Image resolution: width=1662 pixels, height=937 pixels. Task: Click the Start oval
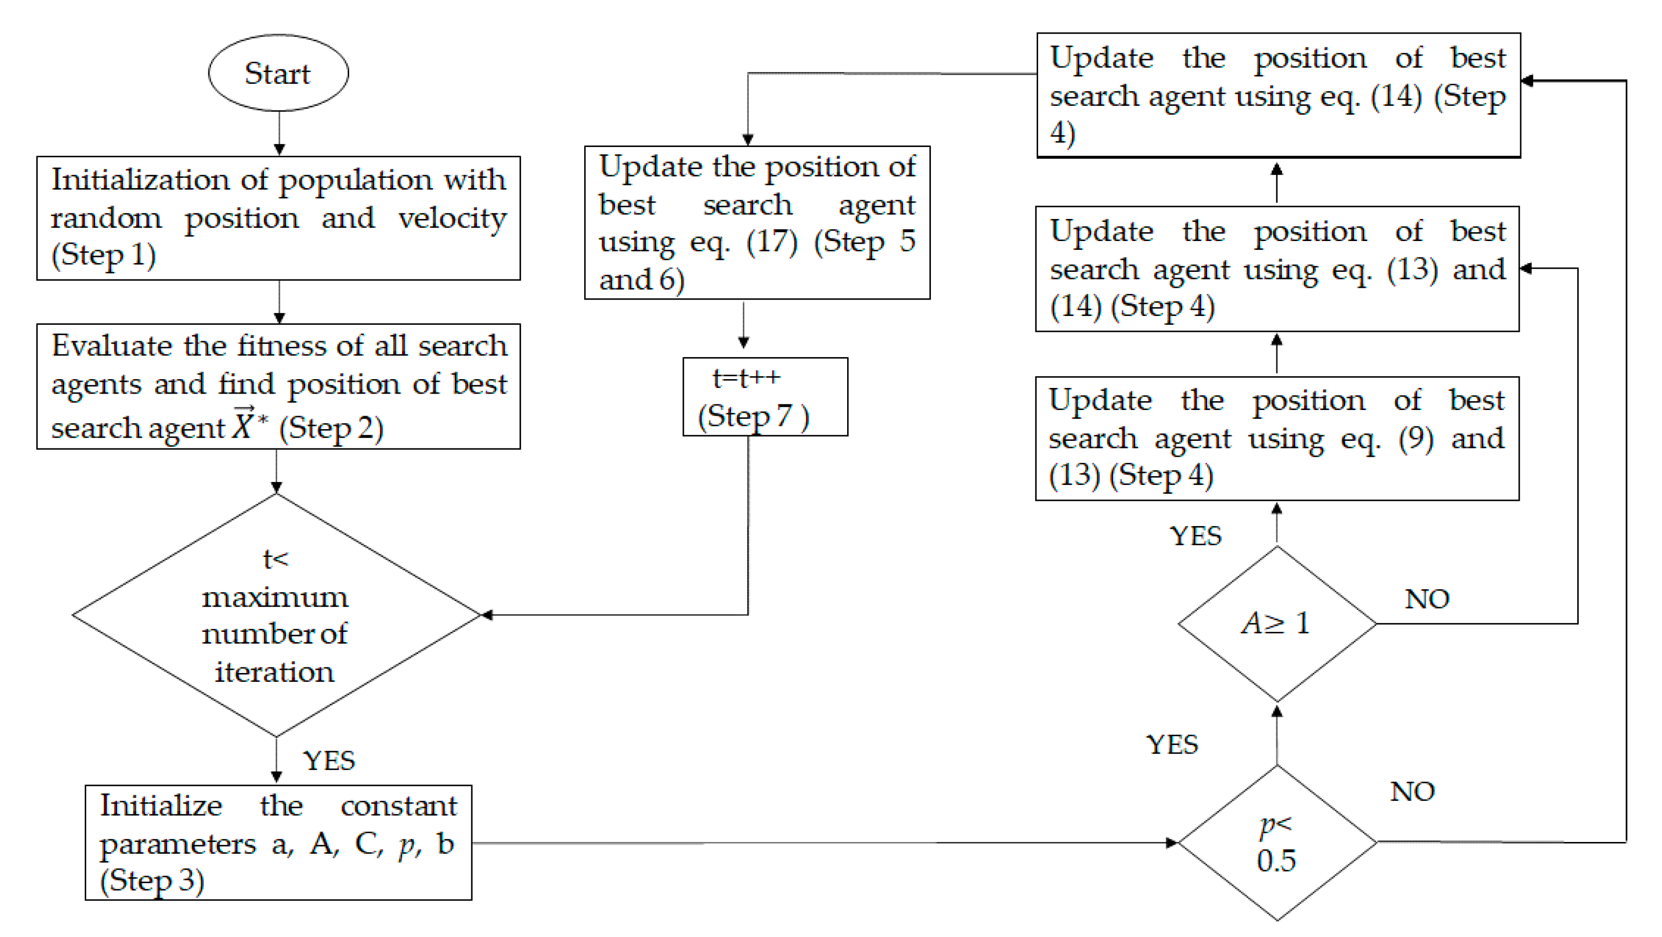278,73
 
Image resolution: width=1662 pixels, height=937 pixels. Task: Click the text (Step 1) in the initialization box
104,255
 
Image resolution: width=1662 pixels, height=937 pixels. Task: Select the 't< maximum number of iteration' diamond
276,615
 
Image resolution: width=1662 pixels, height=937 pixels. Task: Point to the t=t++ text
746,379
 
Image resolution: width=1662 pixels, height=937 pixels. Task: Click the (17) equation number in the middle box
772,242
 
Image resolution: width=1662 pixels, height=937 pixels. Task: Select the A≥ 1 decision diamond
1277,623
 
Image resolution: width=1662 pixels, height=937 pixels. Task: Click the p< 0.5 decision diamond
1277,842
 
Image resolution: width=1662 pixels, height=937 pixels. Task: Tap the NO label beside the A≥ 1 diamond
1427,600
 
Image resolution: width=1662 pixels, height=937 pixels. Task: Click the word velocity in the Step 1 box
452,218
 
